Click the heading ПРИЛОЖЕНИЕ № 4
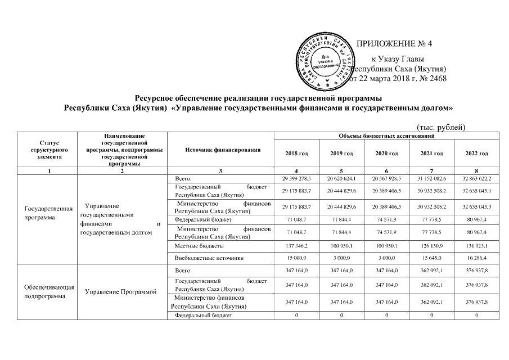click(x=394, y=43)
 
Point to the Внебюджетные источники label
click(x=206, y=258)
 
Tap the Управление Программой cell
click(x=120, y=292)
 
